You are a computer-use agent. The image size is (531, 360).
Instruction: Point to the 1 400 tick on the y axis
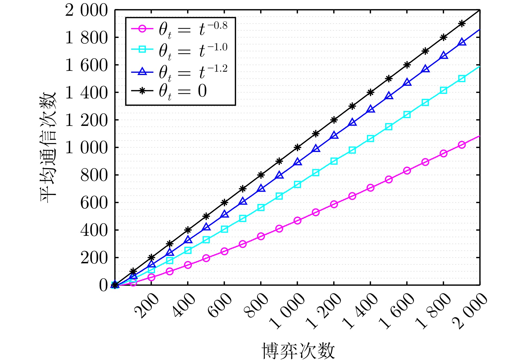[87, 92]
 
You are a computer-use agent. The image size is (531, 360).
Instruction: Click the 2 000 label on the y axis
[87, 10]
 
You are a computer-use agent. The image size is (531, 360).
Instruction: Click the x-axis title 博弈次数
[298, 350]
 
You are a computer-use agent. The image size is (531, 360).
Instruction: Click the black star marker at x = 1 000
[297, 148]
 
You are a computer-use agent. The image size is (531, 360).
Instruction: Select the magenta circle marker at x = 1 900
[462, 145]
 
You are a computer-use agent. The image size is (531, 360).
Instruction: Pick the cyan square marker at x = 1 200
[334, 161]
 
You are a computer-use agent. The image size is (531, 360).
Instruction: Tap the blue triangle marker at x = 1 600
[407, 83]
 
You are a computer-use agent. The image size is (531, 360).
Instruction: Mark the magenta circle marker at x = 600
[224, 251]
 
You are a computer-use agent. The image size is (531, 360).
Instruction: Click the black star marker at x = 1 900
[462, 24]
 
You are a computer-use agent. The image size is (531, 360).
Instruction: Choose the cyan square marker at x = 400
[188, 250]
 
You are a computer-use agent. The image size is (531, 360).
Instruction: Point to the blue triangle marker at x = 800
[261, 188]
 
